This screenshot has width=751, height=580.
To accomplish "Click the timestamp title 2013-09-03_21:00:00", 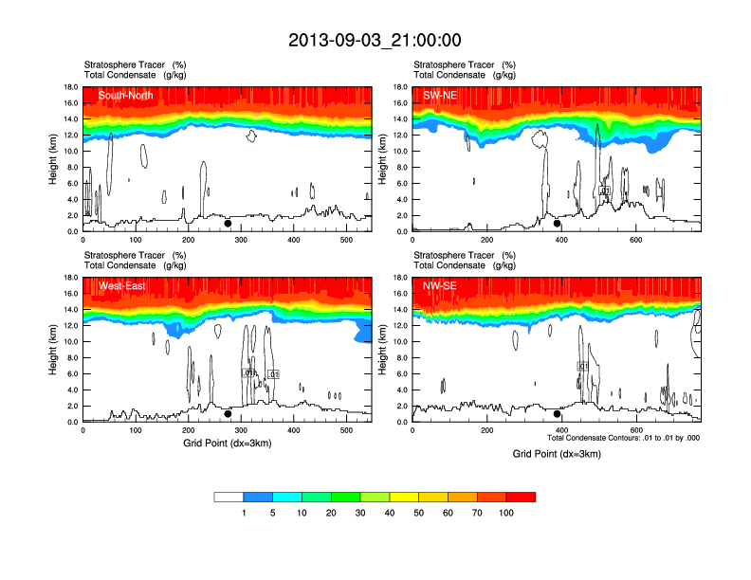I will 375,40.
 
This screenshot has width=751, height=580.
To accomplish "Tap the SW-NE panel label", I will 439,94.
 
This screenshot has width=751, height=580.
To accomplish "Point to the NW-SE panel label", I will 439,284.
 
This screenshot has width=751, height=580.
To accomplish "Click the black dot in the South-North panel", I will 228,224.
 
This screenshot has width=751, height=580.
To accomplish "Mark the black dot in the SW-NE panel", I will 558,224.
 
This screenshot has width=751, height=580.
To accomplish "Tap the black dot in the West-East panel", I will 228,414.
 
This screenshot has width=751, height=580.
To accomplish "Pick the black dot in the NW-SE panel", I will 558,414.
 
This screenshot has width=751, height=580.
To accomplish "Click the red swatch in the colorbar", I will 521,497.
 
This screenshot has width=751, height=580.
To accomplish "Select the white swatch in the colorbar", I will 229,497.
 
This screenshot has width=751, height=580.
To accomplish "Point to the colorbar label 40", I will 390,513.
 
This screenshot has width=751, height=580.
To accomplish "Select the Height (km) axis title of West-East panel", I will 53,350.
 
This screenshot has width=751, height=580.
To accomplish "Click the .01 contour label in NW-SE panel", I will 583,366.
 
